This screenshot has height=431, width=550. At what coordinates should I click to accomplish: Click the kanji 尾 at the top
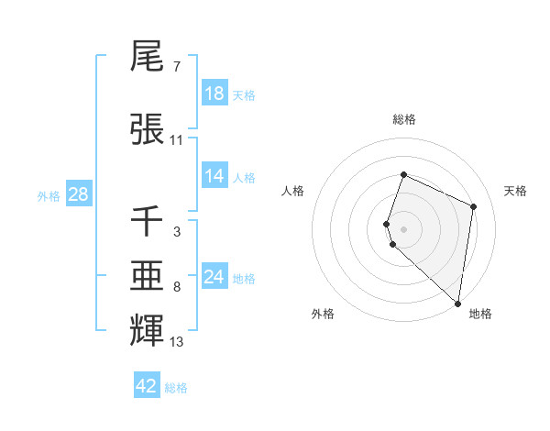pos(147,57)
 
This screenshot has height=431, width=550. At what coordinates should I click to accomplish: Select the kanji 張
pos(147,129)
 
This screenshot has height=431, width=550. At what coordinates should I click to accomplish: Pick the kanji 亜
pos(147,276)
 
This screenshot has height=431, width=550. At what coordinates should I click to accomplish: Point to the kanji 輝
pos(147,330)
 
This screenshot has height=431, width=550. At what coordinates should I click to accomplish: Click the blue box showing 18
pos(214,94)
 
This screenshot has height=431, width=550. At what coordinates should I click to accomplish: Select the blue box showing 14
pos(214,177)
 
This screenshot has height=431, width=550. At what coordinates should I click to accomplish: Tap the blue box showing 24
pos(214,277)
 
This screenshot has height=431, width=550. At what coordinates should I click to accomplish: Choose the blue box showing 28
pos(78,194)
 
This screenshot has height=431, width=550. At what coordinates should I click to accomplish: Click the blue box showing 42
pos(147,386)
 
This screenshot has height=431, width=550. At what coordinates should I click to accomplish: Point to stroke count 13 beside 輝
pos(177,343)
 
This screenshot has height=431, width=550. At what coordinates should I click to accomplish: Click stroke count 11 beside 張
pos(177,140)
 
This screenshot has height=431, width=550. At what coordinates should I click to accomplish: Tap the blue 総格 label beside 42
pos(176,388)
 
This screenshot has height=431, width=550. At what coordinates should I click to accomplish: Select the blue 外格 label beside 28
pos(49,196)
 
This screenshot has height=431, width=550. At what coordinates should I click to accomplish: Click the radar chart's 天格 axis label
pos(516,191)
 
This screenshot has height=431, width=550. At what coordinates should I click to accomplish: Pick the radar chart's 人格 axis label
pos(292,191)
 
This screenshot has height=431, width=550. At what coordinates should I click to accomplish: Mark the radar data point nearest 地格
pos(458,304)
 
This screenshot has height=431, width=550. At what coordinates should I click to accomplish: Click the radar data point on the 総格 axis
pos(403,175)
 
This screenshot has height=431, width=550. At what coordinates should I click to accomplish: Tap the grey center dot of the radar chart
pos(403,227)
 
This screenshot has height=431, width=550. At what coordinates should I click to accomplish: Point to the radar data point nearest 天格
pos(474,206)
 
